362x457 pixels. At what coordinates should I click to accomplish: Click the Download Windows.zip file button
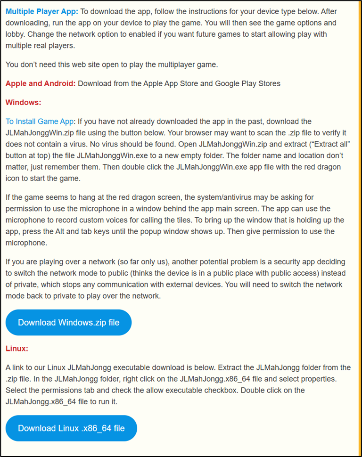(68, 323)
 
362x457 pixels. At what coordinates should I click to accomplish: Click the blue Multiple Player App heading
(42, 11)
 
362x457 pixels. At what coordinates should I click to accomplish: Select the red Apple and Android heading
(41, 83)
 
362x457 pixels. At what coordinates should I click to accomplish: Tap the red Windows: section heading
(24, 102)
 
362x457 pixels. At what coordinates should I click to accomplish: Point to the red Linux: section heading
(17, 349)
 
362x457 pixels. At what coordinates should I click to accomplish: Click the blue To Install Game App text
(40, 122)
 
